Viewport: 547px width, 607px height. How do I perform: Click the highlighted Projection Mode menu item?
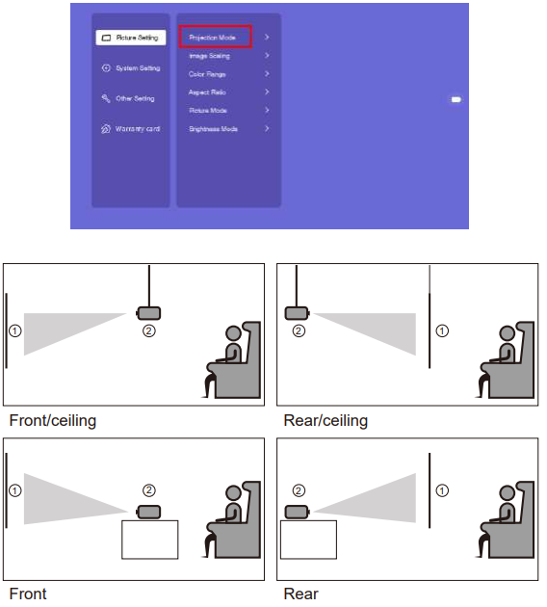(x=213, y=38)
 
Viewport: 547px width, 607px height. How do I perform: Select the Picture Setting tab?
(x=131, y=38)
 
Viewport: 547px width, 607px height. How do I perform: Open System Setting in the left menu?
(x=132, y=68)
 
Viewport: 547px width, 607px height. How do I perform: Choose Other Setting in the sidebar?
(x=129, y=98)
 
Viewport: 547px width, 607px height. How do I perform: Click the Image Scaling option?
(x=210, y=56)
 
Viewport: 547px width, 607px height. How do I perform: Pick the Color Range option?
(x=208, y=74)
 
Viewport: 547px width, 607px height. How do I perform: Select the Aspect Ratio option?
(x=208, y=92)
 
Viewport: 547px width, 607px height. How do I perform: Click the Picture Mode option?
(x=208, y=111)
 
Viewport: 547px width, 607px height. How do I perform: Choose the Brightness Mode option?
(x=214, y=128)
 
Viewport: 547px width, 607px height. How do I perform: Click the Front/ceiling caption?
(x=53, y=421)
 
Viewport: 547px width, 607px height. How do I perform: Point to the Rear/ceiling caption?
(x=326, y=421)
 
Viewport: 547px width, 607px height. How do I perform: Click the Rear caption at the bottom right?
(x=300, y=594)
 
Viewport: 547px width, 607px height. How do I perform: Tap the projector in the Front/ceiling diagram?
(x=148, y=312)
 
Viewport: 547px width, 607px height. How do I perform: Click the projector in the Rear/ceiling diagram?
(x=298, y=312)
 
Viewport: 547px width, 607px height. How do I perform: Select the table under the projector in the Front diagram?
(x=149, y=539)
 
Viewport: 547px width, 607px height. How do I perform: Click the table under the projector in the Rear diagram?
(x=307, y=539)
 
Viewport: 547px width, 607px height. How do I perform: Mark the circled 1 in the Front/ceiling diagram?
(x=14, y=330)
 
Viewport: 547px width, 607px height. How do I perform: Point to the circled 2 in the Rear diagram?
(x=299, y=490)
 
